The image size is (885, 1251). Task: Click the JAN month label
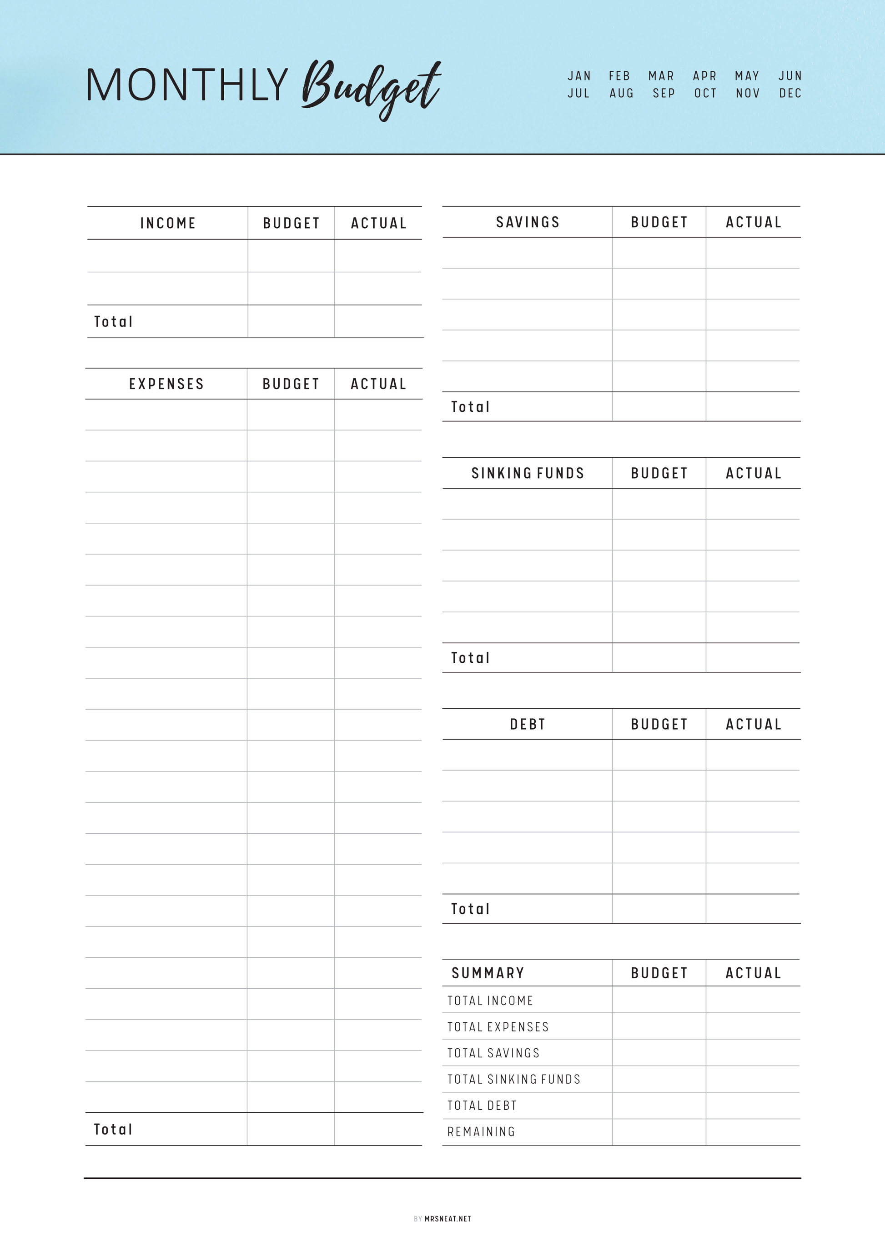coord(579,76)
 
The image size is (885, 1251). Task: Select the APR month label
coord(704,76)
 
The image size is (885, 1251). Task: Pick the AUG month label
coord(621,93)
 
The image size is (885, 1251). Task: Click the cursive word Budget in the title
coord(372,87)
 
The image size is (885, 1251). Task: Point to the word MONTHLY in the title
coord(187,85)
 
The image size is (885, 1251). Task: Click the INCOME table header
coord(168,223)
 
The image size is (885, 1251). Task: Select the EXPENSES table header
coord(166,384)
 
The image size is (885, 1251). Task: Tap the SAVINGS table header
coord(528,222)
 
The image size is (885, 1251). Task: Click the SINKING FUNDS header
coord(528,473)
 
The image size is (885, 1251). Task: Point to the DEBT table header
coord(528,724)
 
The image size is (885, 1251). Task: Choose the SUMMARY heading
coord(488,973)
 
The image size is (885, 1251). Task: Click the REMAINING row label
coord(481,1132)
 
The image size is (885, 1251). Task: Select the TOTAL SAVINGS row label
coord(493,1053)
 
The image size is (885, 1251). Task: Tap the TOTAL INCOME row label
coord(490,1001)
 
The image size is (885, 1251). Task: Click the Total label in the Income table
coord(113,321)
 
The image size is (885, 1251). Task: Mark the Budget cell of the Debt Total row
coord(659,909)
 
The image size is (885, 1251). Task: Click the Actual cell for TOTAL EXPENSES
coord(753,1026)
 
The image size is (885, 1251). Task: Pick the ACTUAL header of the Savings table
coord(753,222)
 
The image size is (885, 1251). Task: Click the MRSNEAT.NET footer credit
coord(448,1219)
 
